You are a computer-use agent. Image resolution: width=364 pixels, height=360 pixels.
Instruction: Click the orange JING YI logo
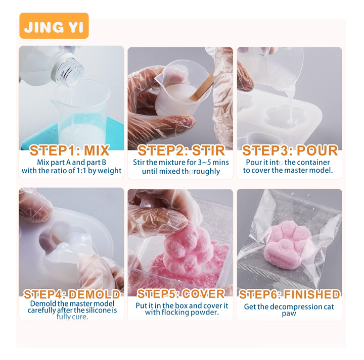[x=54, y=26]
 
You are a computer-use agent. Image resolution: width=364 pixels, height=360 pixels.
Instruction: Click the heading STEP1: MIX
[x=70, y=150]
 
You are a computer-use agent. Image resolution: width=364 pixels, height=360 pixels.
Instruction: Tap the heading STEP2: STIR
[x=181, y=150]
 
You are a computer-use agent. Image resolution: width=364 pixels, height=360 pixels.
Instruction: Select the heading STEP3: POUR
[x=290, y=150]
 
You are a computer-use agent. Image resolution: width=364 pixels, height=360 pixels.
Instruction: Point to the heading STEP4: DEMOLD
[x=72, y=294]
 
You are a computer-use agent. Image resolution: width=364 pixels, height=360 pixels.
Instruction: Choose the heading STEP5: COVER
[x=181, y=294]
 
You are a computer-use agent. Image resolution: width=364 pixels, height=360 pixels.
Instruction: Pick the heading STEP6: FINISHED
[x=290, y=294]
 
